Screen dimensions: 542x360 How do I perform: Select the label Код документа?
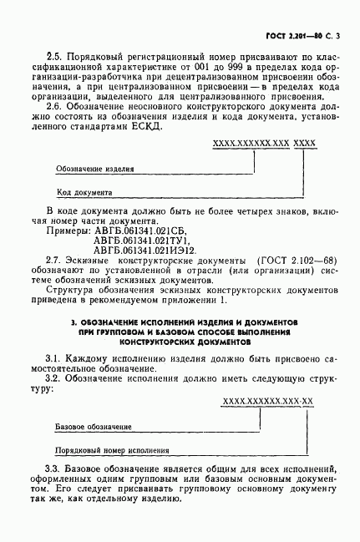pos(84,192)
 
